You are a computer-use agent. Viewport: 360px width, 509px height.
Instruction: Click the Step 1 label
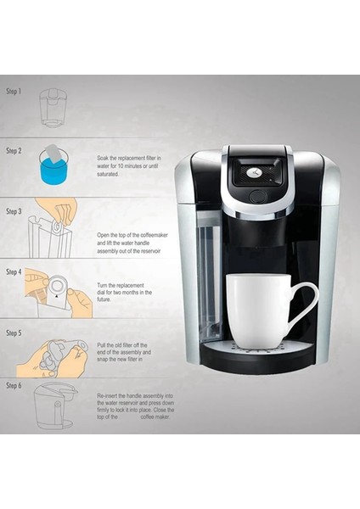point(14,90)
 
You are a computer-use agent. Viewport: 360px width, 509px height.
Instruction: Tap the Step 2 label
point(14,150)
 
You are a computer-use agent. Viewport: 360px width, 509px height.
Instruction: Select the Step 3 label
point(14,210)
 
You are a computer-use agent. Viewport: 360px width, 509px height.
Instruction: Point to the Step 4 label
point(14,271)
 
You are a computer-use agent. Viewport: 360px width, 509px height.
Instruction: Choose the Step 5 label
point(14,332)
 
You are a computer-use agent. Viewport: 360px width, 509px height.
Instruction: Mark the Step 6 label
point(14,385)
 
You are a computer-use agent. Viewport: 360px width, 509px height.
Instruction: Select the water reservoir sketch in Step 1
point(53,107)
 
